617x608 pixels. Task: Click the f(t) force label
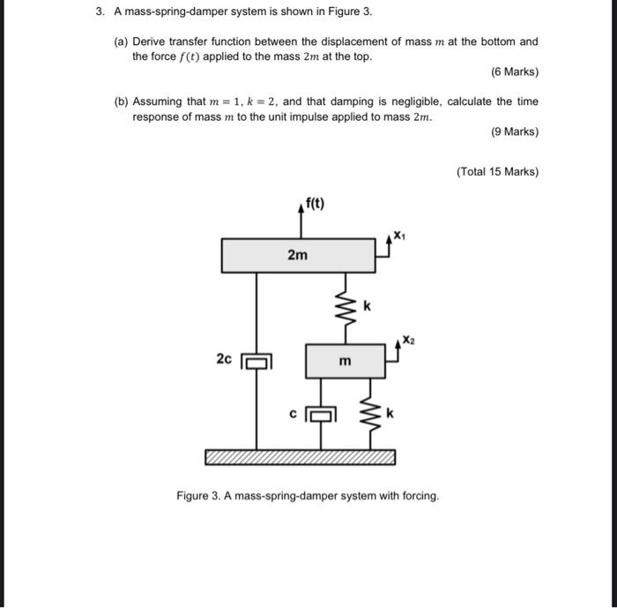coord(314,205)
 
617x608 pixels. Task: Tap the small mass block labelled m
coord(345,362)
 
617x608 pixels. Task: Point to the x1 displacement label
coord(400,235)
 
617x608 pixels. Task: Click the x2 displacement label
coord(407,339)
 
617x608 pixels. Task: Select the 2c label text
coord(224,358)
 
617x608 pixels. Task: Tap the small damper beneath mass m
coord(323,412)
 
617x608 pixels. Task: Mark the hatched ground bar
coord(300,457)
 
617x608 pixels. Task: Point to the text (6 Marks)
coord(514,71)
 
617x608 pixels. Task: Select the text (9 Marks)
coord(514,131)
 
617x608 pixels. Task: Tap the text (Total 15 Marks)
coord(497,171)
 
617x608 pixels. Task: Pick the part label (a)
coord(122,41)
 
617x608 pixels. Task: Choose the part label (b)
coord(122,101)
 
